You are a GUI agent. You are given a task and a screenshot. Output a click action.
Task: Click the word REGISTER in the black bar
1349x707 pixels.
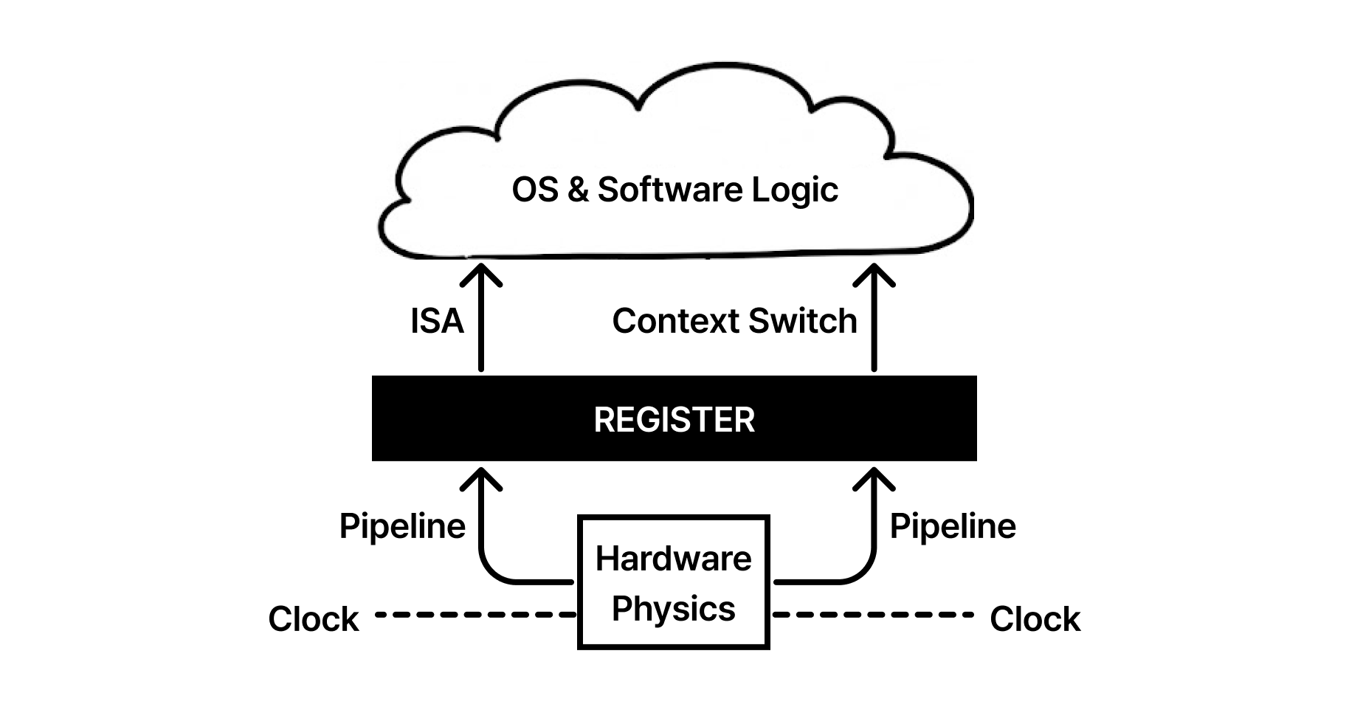coord(674,419)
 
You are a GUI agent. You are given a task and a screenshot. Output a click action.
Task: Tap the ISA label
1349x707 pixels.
coord(437,321)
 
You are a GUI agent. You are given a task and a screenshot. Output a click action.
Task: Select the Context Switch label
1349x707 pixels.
coord(734,321)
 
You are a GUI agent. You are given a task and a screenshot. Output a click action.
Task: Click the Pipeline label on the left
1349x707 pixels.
coord(402,526)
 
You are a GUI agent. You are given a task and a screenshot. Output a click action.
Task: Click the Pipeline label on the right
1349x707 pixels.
coord(952,526)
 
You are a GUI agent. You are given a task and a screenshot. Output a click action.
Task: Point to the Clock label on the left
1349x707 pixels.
coord(313,618)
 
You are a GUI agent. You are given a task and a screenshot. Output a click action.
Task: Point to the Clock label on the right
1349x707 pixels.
coord(1035,618)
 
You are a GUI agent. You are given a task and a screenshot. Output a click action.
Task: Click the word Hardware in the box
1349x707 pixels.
coord(673,558)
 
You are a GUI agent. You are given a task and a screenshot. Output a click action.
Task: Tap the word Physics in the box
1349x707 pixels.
coord(673,609)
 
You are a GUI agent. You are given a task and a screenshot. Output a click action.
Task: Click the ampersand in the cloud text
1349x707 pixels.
coord(578,190)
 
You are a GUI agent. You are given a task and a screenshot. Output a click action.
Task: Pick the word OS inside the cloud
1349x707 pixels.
coord(534,190)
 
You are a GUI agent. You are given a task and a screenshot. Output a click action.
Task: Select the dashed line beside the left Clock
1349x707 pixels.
coord(475,614)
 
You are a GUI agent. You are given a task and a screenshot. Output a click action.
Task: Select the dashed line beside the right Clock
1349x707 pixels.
coord(872,614)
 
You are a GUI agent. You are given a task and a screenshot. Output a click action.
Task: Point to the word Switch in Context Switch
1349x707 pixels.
coord(804,321)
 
